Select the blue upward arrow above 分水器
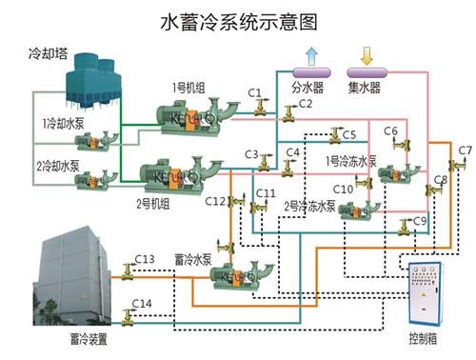pyautogui.click(x=310, y=53)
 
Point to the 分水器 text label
pyautogui.click(x=308, y=89)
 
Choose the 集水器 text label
pyautogui.click(x=364, y=89)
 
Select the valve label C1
pyautogui.click(x=254, y=91)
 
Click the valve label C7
pyautogui.click(x=465, y=150)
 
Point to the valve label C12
pyautogui.click(x=215, y=201)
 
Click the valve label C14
pyautogui.click(x=142, y=304)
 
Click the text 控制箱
pyautogui.click(x=425, y=338)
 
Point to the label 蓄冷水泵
pyautogui.click(x=192, y=258)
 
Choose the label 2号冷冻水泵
pyautogui.click(x=310, y=205)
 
